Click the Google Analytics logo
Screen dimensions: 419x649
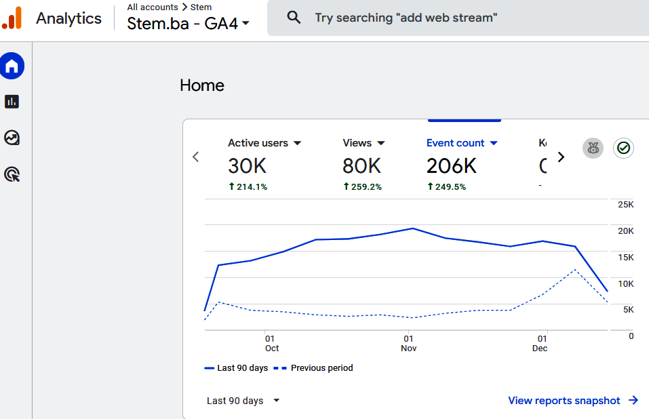pos(12,18)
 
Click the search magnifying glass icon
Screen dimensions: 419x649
pos(294,18)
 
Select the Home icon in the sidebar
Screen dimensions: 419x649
pos(12,66)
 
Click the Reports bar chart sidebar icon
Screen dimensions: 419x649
pos(12,102)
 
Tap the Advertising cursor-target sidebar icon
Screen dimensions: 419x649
pos(12,174)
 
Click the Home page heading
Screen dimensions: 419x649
pos(202,85)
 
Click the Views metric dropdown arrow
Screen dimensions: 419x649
pos(381,143)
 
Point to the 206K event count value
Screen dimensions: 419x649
pos(452,165)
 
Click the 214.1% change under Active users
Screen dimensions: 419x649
pos(248,186)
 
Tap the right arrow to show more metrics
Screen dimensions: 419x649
pos(561,157)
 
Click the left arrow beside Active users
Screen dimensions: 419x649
pos(196,157)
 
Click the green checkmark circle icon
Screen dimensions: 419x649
pos(624,148)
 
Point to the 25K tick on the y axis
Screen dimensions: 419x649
pos(625,205)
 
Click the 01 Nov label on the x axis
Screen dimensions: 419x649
pos(408,343)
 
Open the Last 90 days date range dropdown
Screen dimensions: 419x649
pos(243,401)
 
